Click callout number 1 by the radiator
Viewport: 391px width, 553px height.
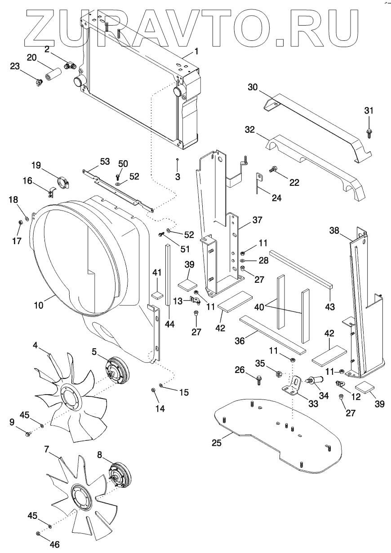(196, 52)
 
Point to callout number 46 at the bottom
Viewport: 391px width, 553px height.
(54, 544)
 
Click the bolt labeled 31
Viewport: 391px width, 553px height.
(368, 131)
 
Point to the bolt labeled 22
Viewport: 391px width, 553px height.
(273, 170)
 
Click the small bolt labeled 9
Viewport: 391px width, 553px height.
(27, 434)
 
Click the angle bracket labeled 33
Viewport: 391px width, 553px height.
(292, 386)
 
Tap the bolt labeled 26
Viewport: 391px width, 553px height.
(259, 381)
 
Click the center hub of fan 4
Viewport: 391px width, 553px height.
(70, 396)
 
